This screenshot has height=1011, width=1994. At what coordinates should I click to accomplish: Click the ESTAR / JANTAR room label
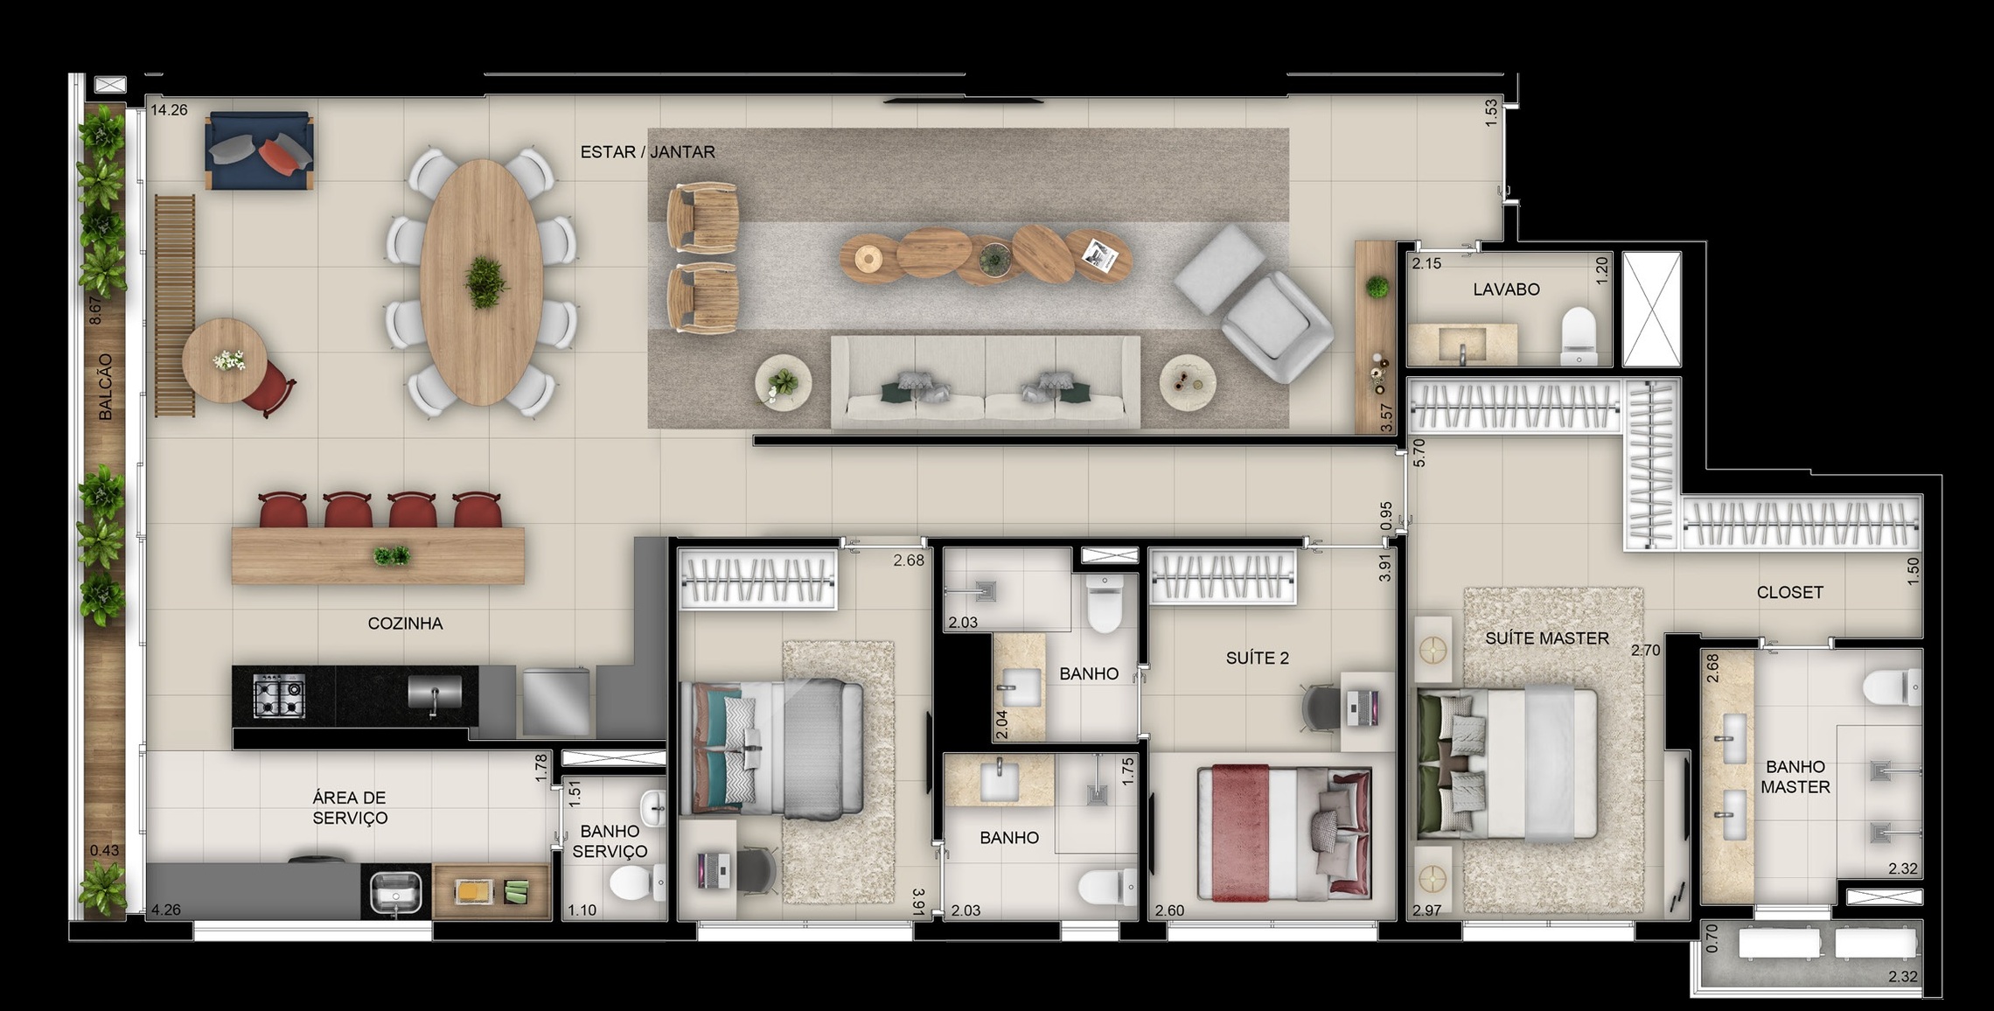[647, 152]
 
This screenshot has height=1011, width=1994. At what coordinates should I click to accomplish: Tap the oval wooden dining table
[481, 282]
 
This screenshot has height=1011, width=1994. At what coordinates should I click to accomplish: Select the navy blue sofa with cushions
[259, 150]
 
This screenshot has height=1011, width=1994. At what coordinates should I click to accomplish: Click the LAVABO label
[1506, 289]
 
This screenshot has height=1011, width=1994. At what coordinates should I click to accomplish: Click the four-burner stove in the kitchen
[279, 696]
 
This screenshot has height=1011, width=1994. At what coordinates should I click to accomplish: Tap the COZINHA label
[405, 624]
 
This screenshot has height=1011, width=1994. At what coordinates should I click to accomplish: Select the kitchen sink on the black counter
[435, 693]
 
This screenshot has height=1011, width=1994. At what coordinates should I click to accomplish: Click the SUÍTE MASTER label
[1546, 638]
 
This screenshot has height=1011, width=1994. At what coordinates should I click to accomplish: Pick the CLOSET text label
[1789, 592]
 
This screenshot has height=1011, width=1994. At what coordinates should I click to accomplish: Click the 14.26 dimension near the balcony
[169, 110]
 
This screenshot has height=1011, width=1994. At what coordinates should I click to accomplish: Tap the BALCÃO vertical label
[106, 387]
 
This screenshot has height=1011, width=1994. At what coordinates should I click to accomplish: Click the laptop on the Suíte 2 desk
[1363, 702]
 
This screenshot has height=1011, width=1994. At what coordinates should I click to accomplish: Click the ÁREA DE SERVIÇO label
[350, 807]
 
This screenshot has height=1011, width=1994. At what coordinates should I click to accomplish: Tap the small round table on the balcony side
[225, 359]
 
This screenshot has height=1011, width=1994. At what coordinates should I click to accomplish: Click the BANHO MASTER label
[1795, 777]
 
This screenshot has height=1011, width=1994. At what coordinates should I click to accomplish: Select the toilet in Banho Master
[1891, 687]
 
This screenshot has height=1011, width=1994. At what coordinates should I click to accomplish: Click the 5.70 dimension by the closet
[1419, 451]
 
